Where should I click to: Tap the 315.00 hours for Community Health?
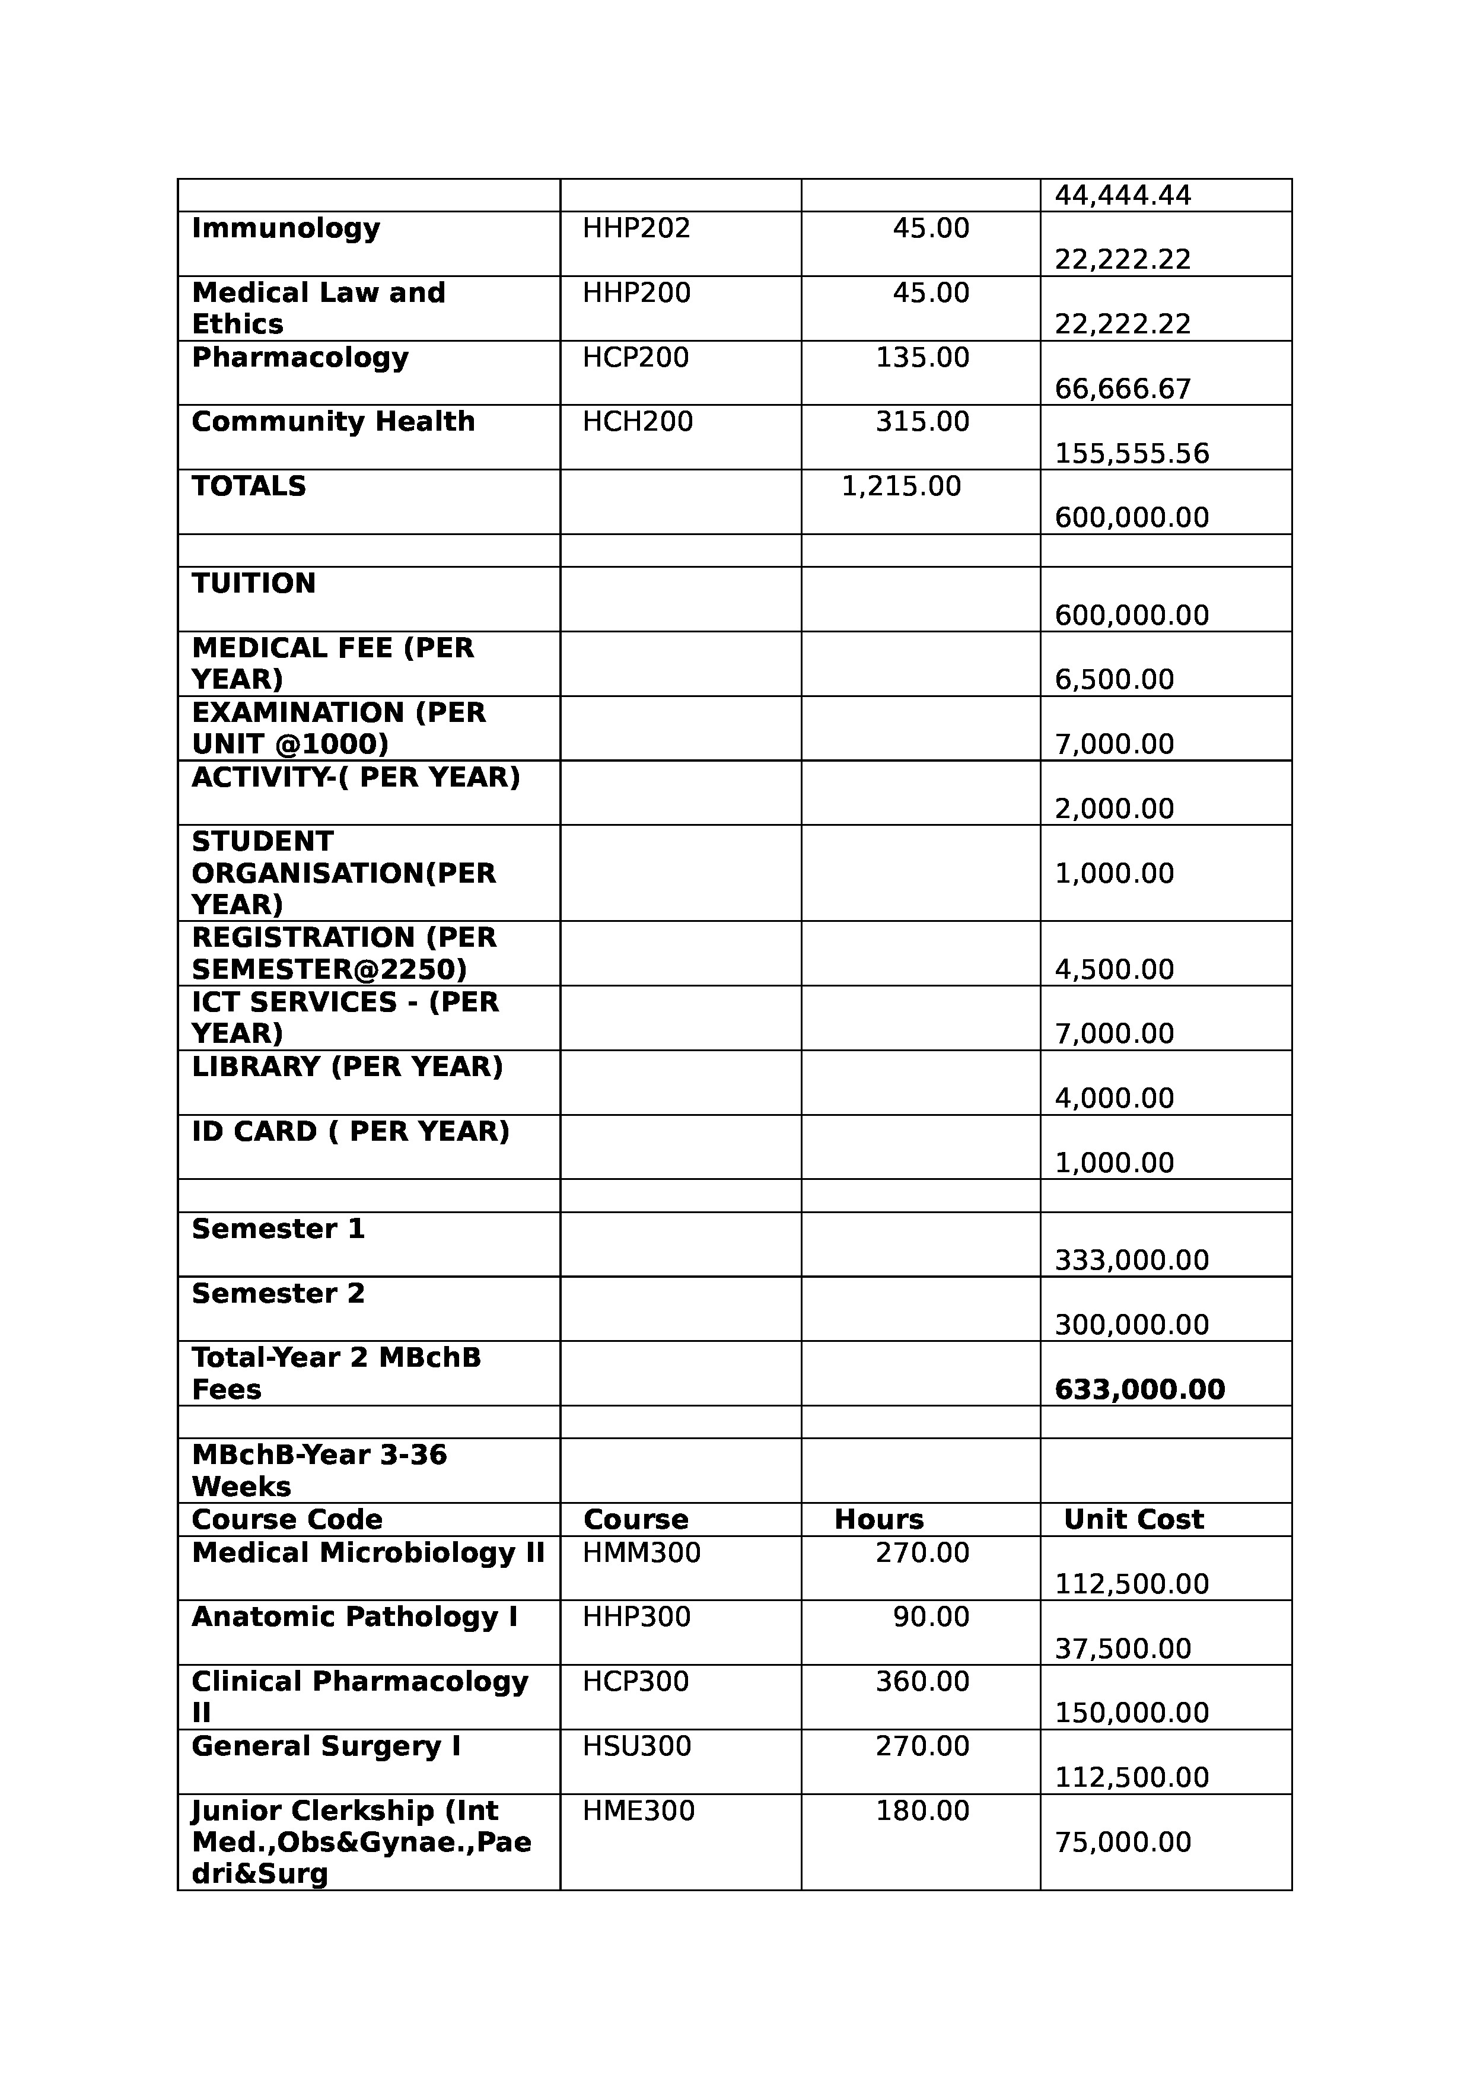pos(922,421)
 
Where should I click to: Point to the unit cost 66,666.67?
pos(1122,389)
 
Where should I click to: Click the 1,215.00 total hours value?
pos(901,486)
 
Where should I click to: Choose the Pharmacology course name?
pos(300,357)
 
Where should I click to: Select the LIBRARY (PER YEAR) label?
pos(347,1066)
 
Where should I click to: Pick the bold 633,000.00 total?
pos(1139,1389)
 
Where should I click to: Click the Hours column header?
pos(878,1519)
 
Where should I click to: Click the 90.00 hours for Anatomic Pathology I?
pos(931,1617)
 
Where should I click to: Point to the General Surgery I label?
pos(326,1746)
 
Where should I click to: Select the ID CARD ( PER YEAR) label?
pos(350,1131)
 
